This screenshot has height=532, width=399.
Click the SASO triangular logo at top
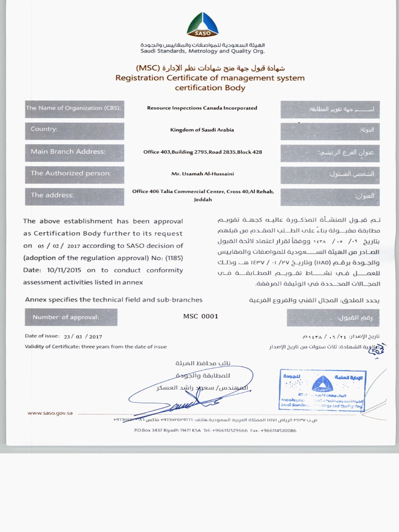[202, 25]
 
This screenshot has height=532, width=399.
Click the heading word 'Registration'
[140, 78]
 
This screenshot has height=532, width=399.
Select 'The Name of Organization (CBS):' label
[73, 108]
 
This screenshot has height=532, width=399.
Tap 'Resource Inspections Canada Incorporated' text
[202, 108]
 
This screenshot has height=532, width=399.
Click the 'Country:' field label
[44, 129]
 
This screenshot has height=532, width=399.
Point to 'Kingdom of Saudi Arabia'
[202, 129]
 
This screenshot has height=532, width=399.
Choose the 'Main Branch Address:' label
[68, 152]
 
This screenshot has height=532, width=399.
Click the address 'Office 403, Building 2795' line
[202, 152]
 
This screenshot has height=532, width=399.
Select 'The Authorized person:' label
[71, 174]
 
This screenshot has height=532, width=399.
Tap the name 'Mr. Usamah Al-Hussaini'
[202, 174]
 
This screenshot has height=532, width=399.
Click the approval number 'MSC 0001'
[201, 316]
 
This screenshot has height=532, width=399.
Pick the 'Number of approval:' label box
[65, 317]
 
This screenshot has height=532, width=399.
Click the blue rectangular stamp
[322, 390]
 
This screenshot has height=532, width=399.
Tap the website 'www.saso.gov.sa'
[50, 413]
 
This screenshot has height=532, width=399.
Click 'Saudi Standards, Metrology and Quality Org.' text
[202, 51]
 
